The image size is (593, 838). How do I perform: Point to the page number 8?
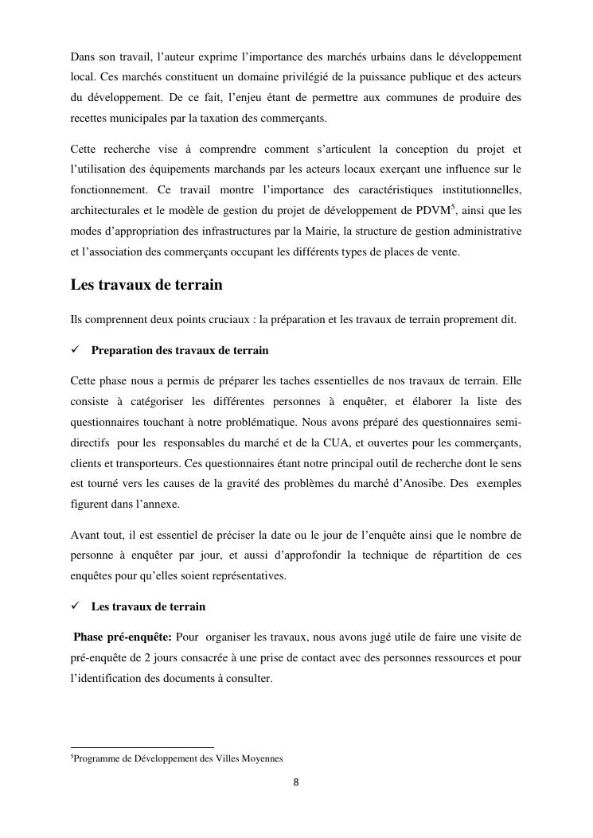click(296, 781)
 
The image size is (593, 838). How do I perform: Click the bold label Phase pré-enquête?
click(123, 637)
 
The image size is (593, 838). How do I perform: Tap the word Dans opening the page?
click(83, 58)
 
